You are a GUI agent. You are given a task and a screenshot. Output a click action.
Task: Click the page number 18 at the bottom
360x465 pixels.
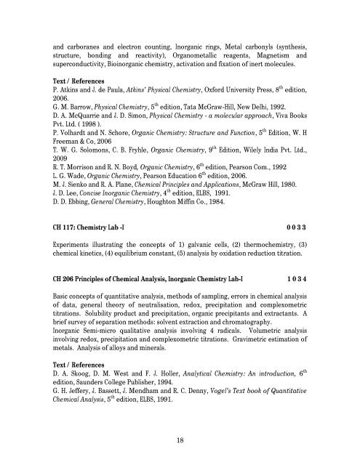pos(180,440)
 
